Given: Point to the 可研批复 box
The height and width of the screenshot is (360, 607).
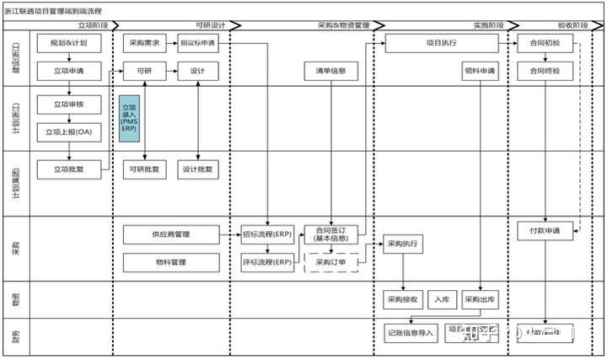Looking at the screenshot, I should click(144, 168).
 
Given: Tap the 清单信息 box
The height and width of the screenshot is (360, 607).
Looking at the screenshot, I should click(330, 71).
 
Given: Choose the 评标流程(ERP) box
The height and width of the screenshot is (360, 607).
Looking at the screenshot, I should click(266, 262).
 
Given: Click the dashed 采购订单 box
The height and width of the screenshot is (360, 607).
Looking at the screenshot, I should click(330, 261).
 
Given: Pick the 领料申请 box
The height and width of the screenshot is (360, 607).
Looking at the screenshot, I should click(479, 71).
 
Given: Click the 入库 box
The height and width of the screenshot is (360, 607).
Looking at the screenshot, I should click(443, 300).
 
